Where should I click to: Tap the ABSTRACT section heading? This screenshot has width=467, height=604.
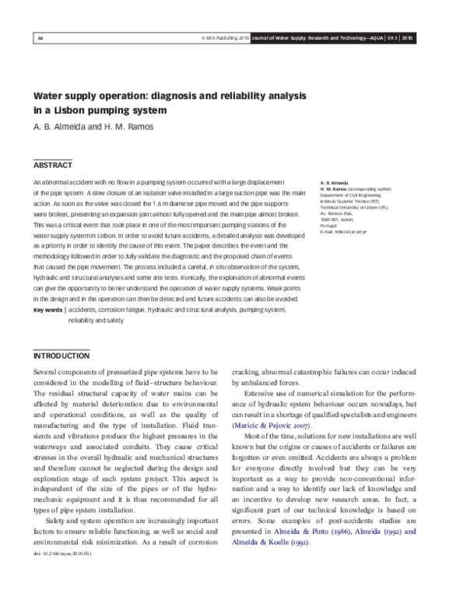click(52, 166)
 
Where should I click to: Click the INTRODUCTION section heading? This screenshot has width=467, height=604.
click(61, 356)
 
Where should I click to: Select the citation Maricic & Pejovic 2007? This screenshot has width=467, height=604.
click(272, 426)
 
